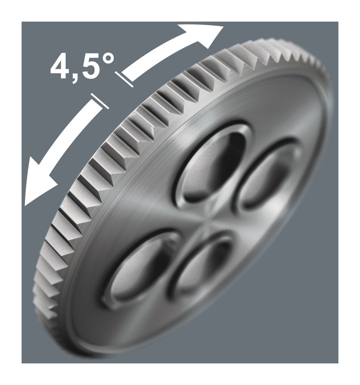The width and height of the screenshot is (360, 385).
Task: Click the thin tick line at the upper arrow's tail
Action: tap(124, 79)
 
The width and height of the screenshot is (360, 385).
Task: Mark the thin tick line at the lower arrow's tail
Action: tap(99, 101)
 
